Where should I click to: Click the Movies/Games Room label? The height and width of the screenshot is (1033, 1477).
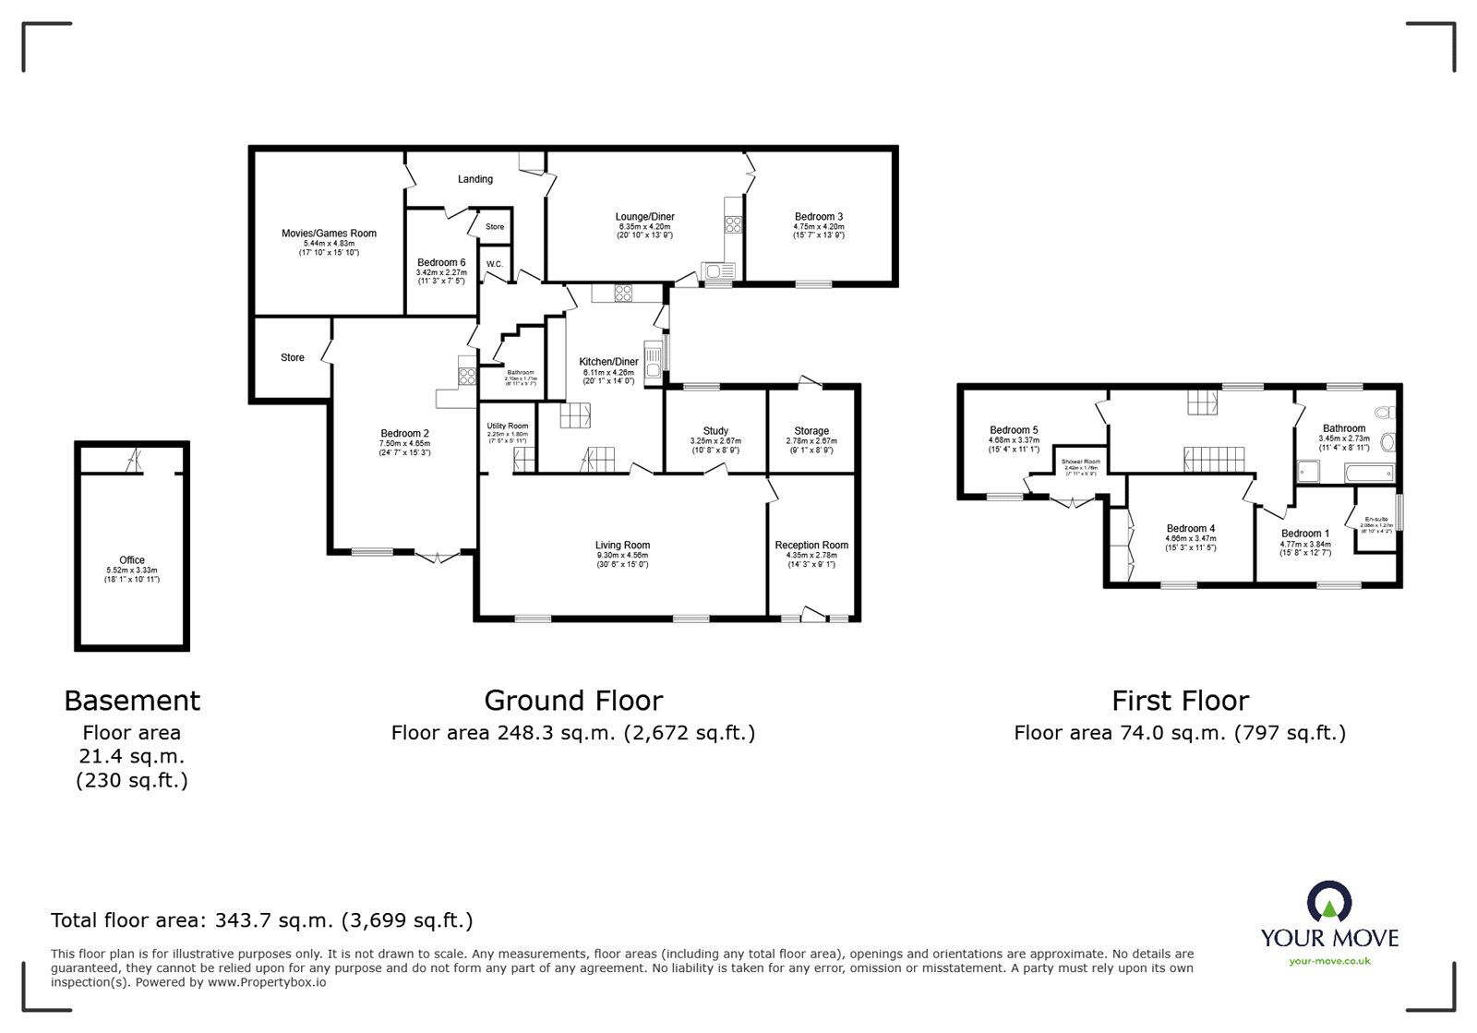click(x=329, y=234)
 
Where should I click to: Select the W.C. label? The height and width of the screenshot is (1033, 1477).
click(x=494, y=265)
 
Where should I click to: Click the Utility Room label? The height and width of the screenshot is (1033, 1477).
click(x=508, y=426)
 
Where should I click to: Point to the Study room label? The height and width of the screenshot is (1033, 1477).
click(x=715, y=430)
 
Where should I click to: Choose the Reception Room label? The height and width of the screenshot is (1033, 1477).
click(x=811, y=545)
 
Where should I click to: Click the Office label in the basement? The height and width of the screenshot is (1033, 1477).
click(x=132, y=559)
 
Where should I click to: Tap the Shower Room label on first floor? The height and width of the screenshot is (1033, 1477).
click(x=1080, y=462)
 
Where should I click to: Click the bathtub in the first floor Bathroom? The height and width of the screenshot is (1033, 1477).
click(x=1369, y=474)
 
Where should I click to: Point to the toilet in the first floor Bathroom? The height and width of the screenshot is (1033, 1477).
click(x=1385, y=413)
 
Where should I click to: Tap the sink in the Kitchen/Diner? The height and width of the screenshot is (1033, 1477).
click(x=654, y=358)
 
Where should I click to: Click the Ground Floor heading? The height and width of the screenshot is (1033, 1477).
click(x=572, y=701)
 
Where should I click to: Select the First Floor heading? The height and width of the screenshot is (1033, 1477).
click(x=1180, y=701)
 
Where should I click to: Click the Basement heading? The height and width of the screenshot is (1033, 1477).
click(x=132, y=701)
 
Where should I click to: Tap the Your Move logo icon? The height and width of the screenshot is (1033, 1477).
click(x=1329, y=902)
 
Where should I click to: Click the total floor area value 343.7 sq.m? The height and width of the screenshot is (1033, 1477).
click(x=275, y=920)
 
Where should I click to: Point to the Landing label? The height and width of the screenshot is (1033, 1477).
click(x=475, y=179)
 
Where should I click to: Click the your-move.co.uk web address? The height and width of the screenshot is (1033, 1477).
click(x=1329, y=961)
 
